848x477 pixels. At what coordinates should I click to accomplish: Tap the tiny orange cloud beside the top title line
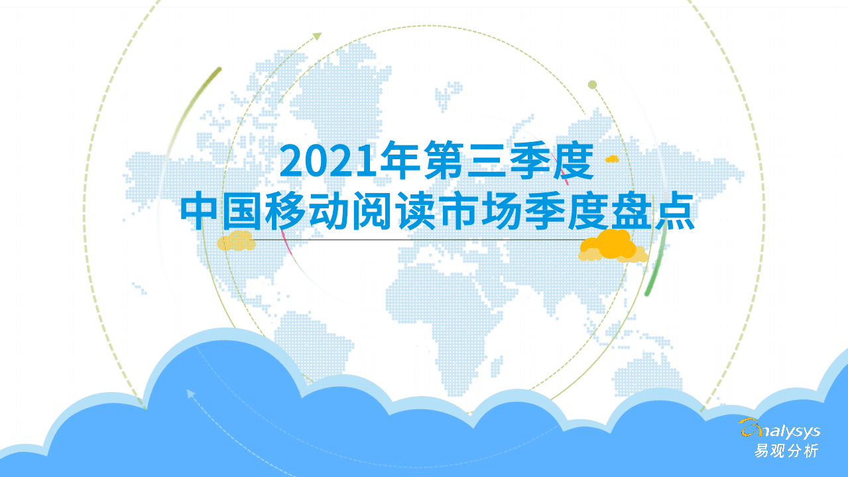click(612, 159)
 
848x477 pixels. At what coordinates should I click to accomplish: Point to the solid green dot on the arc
click(593, 84)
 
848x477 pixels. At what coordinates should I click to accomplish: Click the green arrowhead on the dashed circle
click(317, 35)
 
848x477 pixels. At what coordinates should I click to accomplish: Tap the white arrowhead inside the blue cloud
click(191, 393)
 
